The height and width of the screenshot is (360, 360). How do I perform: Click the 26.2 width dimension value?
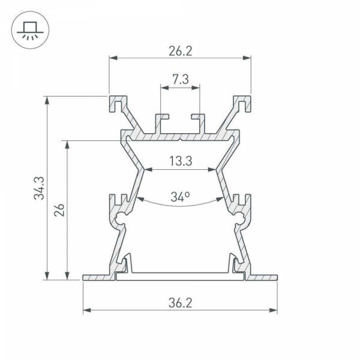pyautogui.click(x=180, y=51)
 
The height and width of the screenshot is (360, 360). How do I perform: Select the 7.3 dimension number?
pyautogui.click(x=181, y=79)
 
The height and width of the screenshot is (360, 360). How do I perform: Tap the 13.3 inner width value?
pyautogui.click(x=181, y=161)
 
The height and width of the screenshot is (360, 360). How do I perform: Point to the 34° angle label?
pyautogui.click(x=180, y=197)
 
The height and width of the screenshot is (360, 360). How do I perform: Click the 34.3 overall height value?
pyautogui.click(x=39, y=188)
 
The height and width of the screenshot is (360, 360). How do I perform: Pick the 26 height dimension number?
pyautogui.click(x=59, y=210)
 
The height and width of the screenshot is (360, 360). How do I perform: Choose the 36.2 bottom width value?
pyautogui.click(x=180, y=302)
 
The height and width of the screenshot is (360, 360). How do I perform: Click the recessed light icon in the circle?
pyautogui.click(x=31, y=31)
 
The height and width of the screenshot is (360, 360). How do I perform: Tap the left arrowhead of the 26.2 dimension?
pyautogui.click(x=113, y=58)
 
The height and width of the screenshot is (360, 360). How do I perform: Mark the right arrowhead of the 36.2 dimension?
pyautogui.click(x=273, y=310)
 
